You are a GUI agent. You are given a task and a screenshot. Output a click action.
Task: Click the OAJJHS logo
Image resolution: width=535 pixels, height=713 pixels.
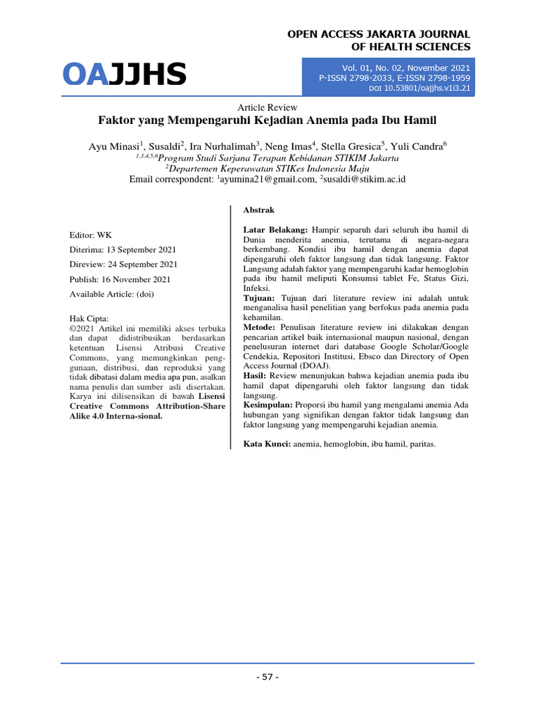(125, 75)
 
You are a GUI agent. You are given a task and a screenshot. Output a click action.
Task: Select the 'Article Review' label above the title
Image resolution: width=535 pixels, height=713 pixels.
(267, 107)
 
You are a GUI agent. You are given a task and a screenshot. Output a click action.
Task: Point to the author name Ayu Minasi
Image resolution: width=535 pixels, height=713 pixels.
(114, 146)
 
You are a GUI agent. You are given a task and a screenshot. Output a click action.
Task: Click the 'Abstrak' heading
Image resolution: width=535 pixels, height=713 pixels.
(259, 210)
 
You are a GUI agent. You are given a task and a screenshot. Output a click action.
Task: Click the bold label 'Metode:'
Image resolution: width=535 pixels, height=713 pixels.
(259, 327)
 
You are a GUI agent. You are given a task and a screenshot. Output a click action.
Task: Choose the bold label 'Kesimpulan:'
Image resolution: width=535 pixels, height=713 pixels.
(269, 405)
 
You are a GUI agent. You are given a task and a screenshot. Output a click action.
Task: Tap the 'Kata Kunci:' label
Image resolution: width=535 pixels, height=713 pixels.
(267, 444)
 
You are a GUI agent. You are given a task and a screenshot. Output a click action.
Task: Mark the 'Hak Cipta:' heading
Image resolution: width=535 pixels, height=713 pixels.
(90, 318)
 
